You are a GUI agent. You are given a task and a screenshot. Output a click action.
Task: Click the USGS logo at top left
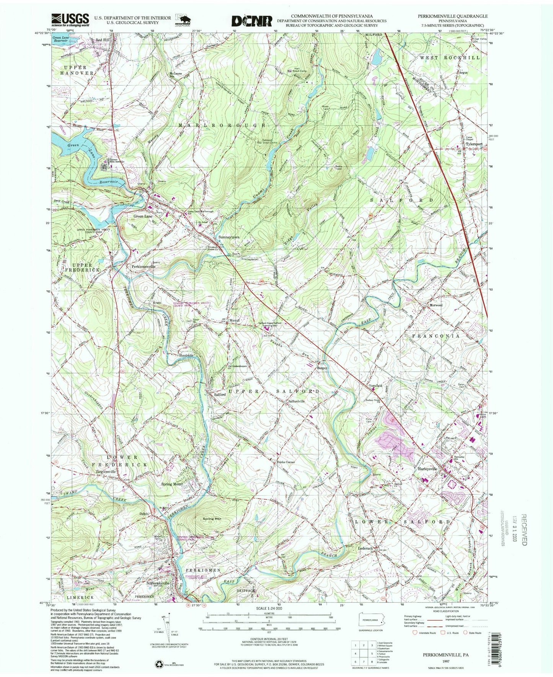70,20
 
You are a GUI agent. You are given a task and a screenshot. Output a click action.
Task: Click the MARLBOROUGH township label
221,125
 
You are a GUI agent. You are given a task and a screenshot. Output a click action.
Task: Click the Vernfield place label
375,385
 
